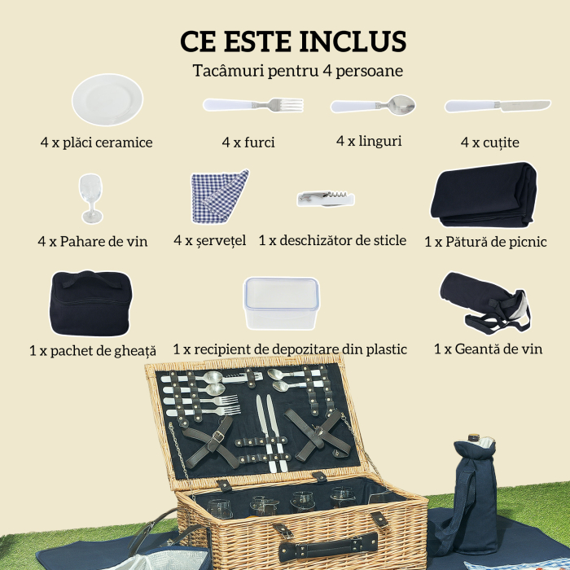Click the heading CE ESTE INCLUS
292,41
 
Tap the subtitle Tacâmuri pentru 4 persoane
298,71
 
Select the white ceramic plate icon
107,99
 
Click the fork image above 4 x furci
253,105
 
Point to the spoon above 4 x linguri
373,105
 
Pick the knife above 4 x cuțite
497,106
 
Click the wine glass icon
91,197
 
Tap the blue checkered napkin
218,196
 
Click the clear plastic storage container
281,303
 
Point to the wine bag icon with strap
481,302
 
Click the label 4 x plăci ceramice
96,142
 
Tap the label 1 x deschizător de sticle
332,241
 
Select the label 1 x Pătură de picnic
485,242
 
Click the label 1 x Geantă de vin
488,349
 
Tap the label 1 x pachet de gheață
92,350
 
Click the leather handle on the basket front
325,542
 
